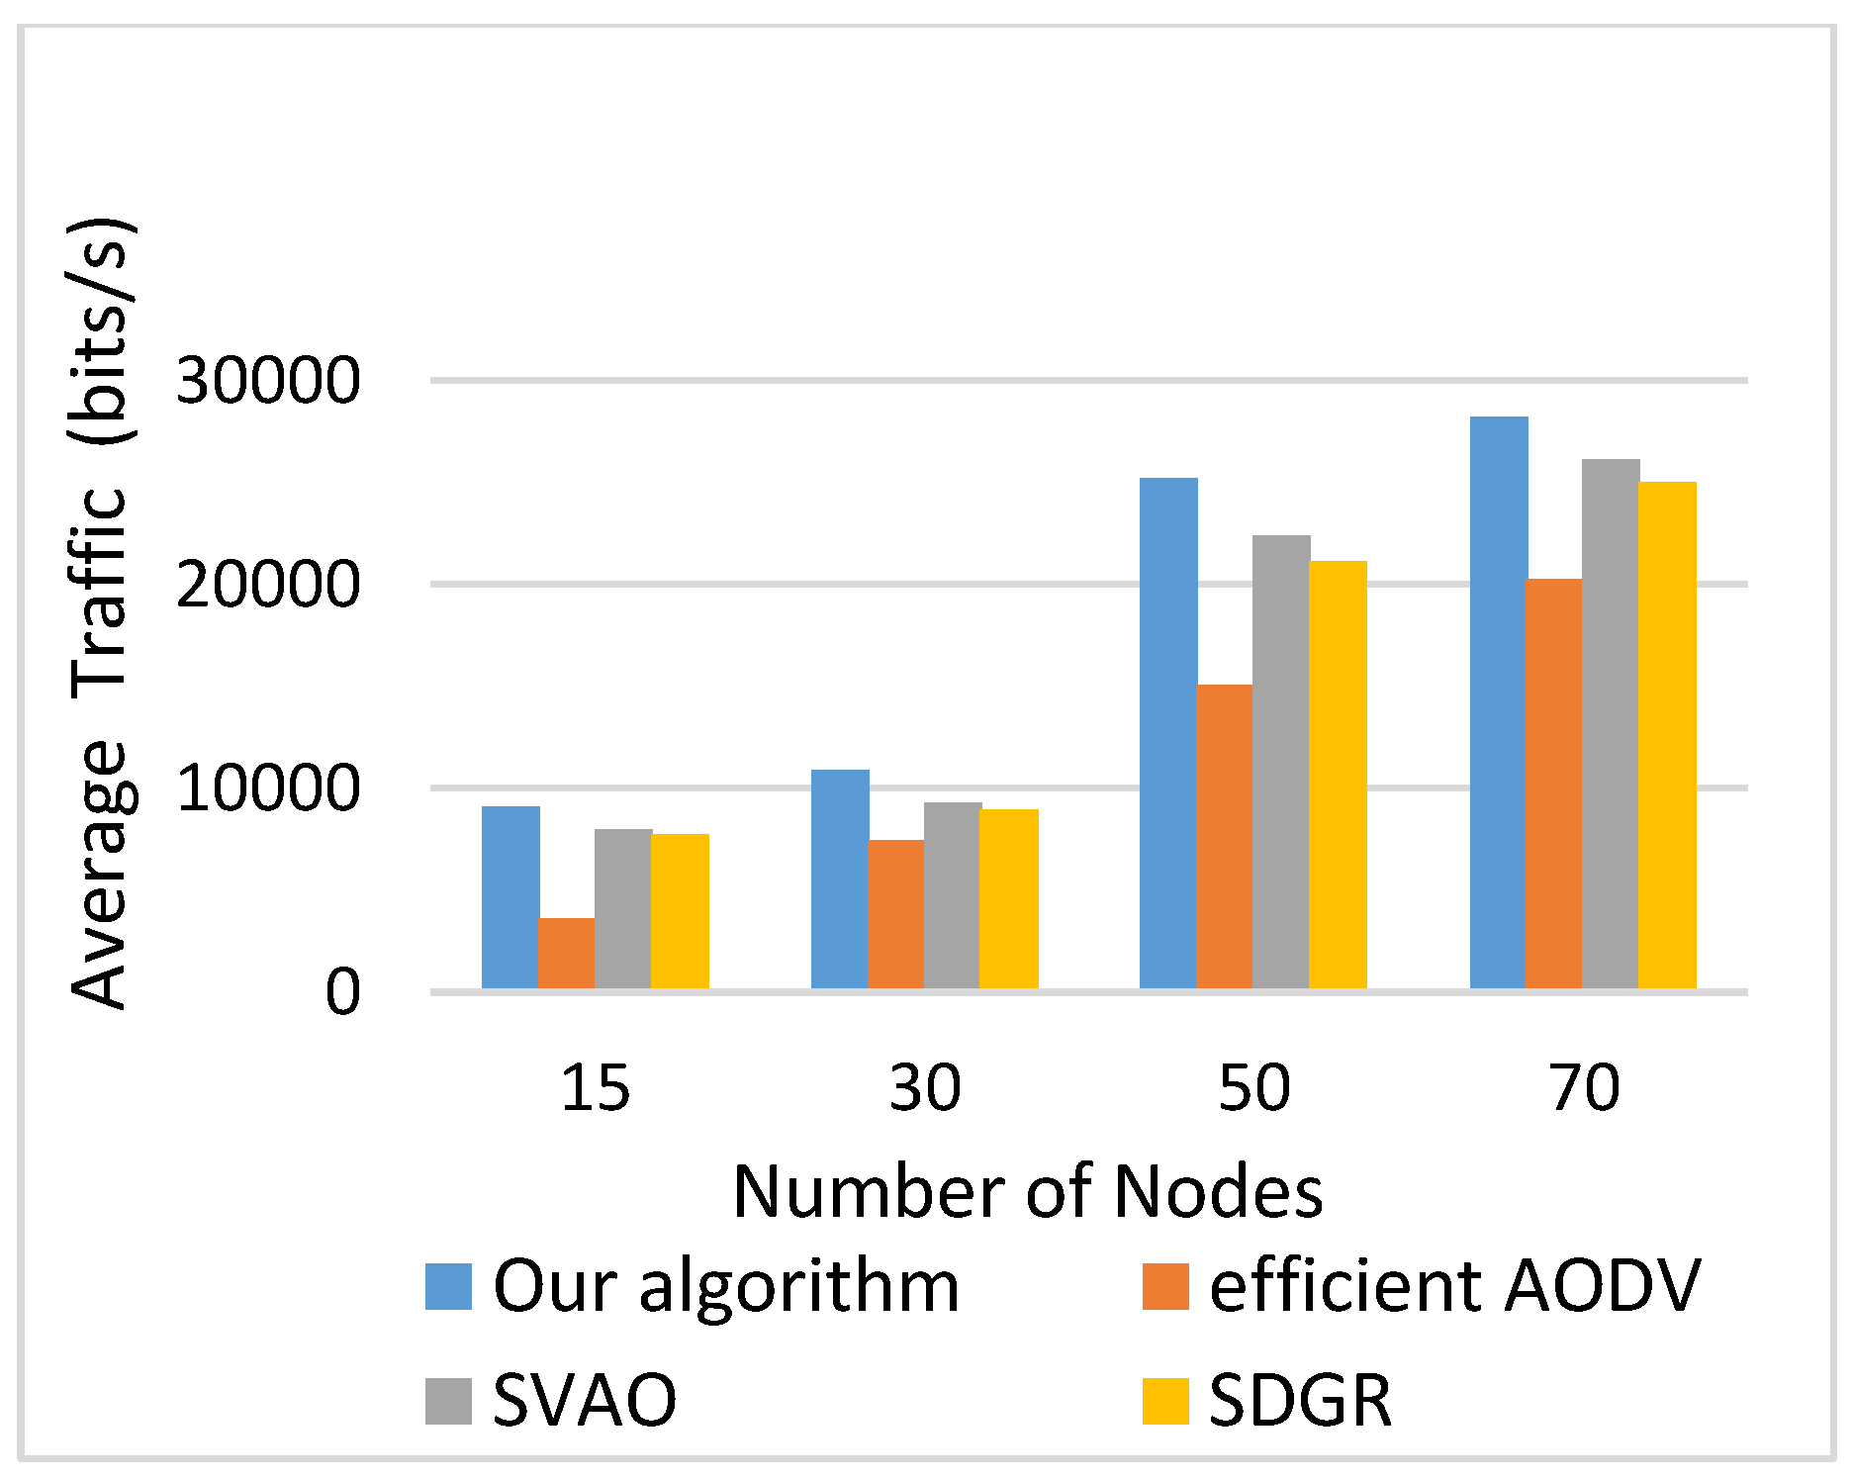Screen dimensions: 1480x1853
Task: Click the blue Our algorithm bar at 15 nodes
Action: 510,897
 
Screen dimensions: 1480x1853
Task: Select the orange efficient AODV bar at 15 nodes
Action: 566,953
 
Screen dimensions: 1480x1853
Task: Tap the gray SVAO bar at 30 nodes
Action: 952,895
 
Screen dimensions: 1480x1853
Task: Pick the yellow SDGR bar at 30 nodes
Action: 1008,898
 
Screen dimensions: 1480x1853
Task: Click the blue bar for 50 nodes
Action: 1168,733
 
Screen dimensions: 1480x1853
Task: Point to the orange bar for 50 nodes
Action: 1224,836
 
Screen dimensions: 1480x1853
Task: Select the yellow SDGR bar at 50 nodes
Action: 1338,775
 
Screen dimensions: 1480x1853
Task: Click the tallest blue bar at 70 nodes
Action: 1499,702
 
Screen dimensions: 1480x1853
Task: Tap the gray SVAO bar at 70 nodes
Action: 1611,723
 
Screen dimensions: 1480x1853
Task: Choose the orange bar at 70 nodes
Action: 1553,784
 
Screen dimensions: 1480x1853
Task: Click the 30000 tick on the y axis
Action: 267,381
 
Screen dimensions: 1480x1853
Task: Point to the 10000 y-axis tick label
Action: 267,789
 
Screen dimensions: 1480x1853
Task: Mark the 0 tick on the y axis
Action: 342,992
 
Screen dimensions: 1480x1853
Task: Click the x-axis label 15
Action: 595,1088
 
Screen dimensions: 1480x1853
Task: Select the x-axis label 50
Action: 1253,1088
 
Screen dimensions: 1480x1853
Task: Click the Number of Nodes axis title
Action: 1027,1191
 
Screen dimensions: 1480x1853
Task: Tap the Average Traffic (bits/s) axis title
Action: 99,613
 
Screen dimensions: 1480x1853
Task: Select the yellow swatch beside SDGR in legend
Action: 1164,1401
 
